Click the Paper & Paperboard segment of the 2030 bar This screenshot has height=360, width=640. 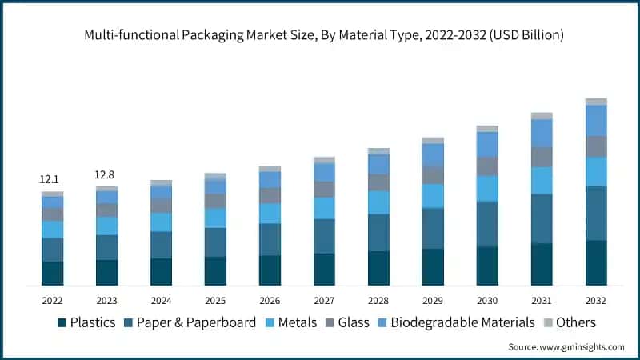[x=487, y=224]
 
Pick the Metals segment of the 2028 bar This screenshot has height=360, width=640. [x=378, y=202]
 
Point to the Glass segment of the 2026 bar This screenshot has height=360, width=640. [x=270, y=195]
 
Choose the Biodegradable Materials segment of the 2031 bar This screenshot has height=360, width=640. [x=542, y=133]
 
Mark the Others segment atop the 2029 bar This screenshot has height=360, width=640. [x=433, y=140]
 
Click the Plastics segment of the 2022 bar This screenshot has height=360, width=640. [x=52, y=273]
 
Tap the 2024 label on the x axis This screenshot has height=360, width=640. [x=161, y=301]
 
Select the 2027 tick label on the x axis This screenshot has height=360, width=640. [x=324, y=301]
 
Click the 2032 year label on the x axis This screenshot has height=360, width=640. [x=596, y=301]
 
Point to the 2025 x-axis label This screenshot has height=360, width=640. [x=215, y=301]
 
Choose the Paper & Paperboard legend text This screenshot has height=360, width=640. [x=196, y=322]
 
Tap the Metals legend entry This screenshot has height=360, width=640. [x=298, y=322]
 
